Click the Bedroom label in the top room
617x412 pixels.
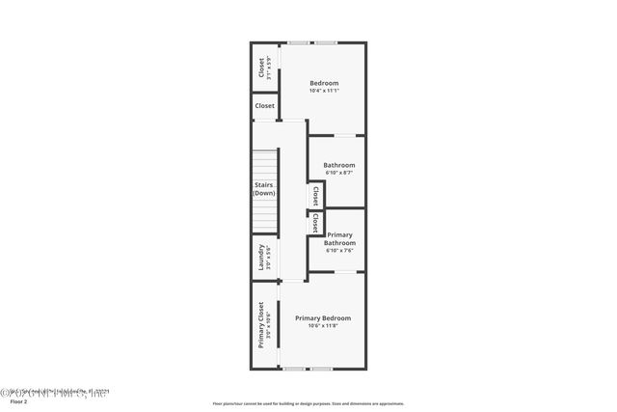coord(324,83)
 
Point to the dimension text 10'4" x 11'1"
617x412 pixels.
coord(324,92)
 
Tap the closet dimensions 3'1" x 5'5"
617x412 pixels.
coord(269,68)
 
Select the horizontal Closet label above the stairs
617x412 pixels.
coord(264,105)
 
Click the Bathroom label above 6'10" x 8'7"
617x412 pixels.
coord(338,165)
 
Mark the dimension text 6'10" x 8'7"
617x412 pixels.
coord(338,174)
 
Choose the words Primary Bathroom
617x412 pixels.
coord(340,238)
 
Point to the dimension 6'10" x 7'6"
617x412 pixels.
coord(340,251)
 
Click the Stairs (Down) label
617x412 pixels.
coord(264,188)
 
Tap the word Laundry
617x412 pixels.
coord(260,258)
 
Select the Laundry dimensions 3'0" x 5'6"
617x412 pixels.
coord(269,258)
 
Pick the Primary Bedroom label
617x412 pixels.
coord(323,317)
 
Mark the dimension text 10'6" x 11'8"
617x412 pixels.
coord(323,326)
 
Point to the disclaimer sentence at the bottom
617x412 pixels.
coord(308,403)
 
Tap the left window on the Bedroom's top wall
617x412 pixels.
coord(298,42)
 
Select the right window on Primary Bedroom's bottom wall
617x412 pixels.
coord(321,369)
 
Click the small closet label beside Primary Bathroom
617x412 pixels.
coord(314,223)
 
